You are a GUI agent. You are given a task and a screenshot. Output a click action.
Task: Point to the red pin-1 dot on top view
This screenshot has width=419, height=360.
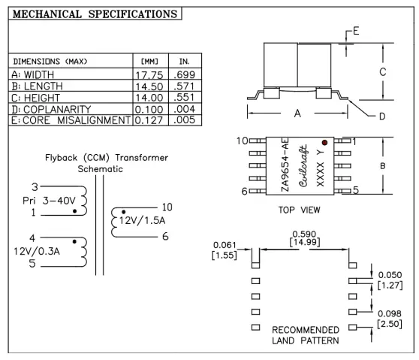(x=325, y=142)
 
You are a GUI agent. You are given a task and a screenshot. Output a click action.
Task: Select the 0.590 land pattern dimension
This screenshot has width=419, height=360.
(x=304, y=235)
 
